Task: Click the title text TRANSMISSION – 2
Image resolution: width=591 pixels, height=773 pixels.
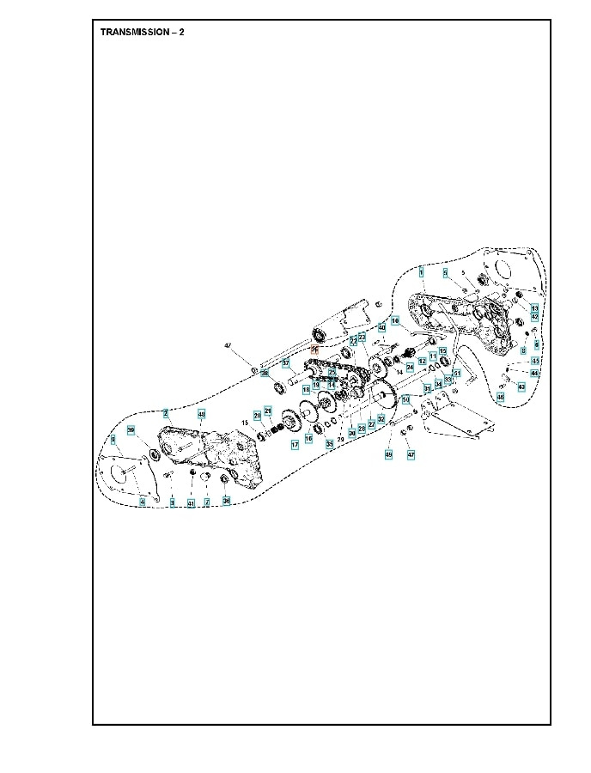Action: [143, 32]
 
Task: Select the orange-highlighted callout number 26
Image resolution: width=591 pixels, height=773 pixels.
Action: [314, 350]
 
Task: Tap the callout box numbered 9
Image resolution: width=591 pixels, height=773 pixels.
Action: [113, 441]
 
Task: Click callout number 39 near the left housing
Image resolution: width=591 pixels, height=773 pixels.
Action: [131, 429]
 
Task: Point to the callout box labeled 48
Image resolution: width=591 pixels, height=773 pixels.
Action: [202, 414]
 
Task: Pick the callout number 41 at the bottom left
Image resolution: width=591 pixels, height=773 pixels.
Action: [191, 502]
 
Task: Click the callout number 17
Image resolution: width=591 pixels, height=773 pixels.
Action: [295, 445]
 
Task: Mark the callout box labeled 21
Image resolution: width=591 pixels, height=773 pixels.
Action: [268, 411]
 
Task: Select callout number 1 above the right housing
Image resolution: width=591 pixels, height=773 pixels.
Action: [422, 271]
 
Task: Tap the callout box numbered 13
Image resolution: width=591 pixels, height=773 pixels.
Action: [534, 307]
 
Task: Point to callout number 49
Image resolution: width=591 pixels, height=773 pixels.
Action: [388, 453]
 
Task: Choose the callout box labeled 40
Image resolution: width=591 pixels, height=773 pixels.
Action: [382, 328]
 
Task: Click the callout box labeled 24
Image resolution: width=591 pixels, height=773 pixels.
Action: [410, 367]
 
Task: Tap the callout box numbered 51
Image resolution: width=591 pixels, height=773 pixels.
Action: [457, 373]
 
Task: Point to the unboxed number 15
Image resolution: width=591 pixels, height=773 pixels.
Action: [245, 423]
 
